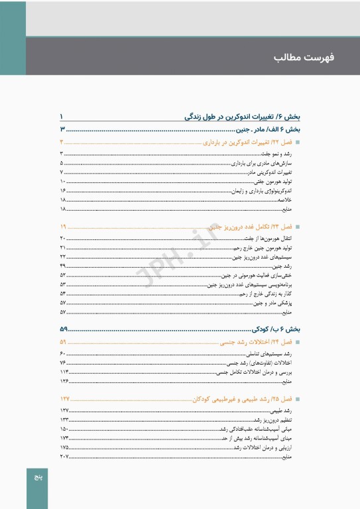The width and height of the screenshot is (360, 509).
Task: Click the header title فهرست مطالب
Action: point(304,58)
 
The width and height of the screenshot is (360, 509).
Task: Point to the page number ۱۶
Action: point(63,190)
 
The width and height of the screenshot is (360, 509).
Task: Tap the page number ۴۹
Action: point(63,265)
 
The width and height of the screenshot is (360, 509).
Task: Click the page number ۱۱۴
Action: point(64,372)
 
